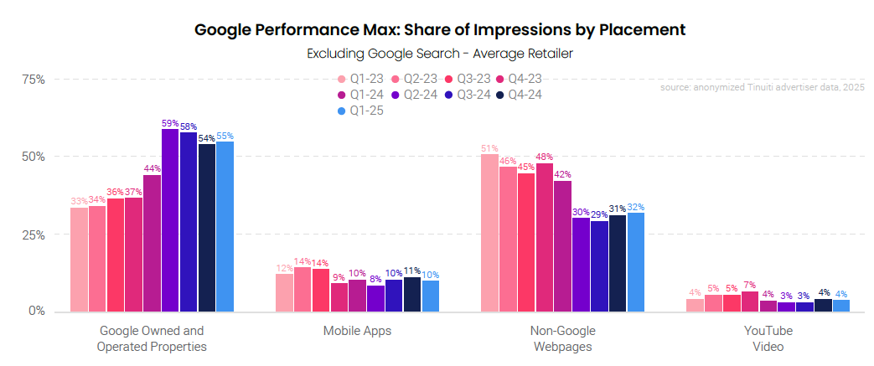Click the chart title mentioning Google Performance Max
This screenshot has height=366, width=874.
(440, 30)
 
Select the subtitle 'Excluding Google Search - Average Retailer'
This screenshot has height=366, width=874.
(440, 54)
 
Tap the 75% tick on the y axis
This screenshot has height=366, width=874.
(34, 80)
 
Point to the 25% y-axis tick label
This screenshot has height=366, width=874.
(34, 235)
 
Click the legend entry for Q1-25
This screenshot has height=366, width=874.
(359, 110)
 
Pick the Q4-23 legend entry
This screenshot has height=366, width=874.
(519, 80)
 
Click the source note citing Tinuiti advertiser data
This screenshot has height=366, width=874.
(762, 87)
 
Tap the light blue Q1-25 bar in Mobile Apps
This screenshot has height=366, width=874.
(430, 296)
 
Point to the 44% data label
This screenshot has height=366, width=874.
(152, 168)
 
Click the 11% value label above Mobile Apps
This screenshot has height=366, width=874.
(411, 271)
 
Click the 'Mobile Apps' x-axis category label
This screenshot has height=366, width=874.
(358, 331)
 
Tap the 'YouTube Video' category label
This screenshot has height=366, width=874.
(768, 338)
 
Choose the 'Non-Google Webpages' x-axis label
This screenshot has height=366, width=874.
(563, 338)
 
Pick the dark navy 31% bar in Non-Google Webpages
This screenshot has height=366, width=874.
(618, 263)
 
